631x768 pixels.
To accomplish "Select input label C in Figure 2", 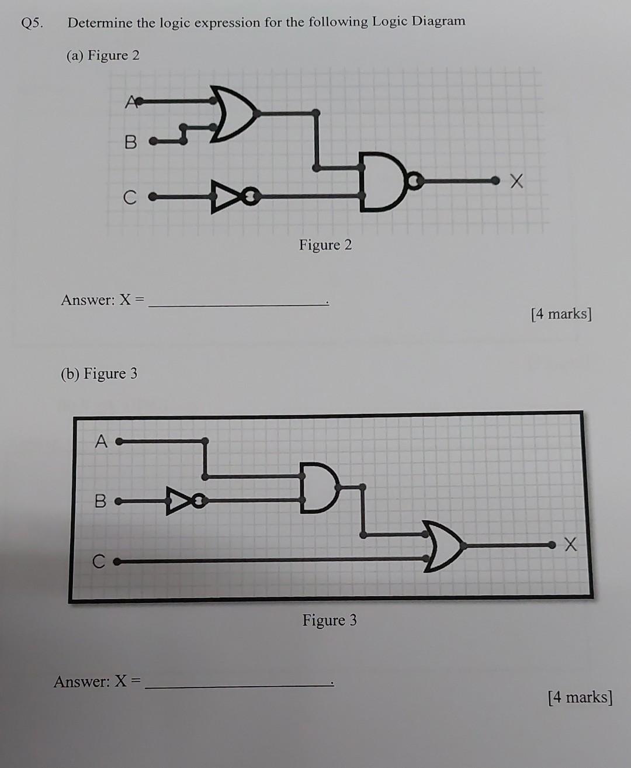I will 129,198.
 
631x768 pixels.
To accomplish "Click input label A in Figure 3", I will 101,442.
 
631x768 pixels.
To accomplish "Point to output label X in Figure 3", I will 570,545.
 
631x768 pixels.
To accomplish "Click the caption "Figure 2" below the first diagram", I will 325,245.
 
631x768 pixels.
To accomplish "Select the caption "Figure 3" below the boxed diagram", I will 329,620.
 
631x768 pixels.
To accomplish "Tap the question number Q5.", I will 32,23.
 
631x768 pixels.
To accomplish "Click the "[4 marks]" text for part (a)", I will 561,314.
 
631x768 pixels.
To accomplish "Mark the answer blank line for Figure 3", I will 238,685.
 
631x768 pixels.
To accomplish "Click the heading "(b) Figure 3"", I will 99,373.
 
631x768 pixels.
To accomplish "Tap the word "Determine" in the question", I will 99,23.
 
